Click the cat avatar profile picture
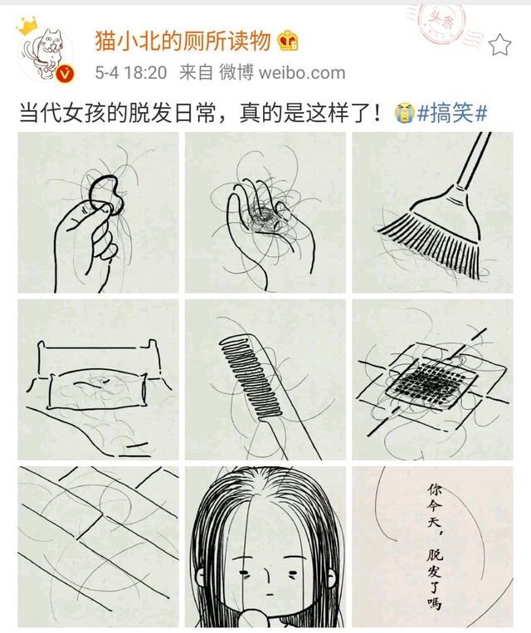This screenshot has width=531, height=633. click(x=46, y=54)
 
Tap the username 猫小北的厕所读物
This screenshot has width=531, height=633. click(x=183, y=41)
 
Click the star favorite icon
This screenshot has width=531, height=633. click(x=500, y=45)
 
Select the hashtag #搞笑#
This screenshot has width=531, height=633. click(x=452, y=113)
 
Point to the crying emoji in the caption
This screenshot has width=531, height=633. click(x=404, y=113)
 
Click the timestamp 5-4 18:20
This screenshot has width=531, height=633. click(x=131, y=73)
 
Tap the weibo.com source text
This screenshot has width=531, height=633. click(x=302, y=73)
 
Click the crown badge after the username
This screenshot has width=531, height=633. click(x=288, y=41)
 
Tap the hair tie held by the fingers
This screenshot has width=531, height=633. click(x=105, y=193)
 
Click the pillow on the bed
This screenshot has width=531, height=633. click(x=98, y=391)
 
